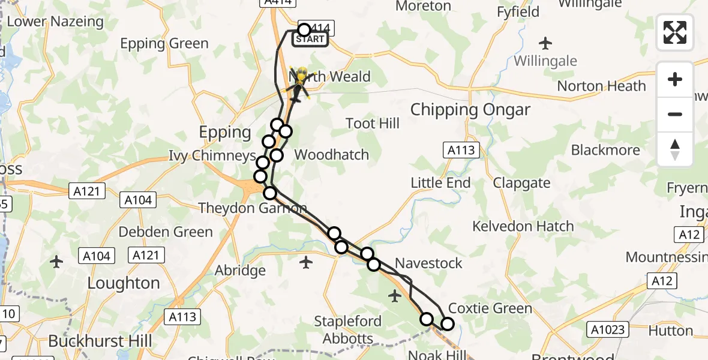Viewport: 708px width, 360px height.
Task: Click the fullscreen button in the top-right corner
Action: [x=675, y=32]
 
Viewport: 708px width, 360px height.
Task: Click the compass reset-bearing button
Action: [x=675, y=149]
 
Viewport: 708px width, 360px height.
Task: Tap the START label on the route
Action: [x=310, y=40]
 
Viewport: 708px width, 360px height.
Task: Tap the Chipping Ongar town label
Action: [x=470, y=110]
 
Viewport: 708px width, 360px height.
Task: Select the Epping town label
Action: [x=225, y=132]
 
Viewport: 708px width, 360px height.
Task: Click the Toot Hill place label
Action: [x=373, y=124]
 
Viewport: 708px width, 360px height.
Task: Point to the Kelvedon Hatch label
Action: [x=523, y=226]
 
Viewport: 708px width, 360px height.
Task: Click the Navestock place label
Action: [x=429, y=263]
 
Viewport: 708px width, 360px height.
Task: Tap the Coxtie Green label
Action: [x=490, y=308]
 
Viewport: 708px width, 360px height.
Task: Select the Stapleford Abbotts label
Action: [x=348, y=329]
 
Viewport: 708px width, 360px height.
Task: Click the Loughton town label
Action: [x=124, y=283]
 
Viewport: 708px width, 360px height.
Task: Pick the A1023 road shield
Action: [x=608, y=329]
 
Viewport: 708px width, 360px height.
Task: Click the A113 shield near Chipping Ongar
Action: [x=461, y=150]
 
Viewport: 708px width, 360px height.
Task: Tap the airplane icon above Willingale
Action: [x=545, y=43]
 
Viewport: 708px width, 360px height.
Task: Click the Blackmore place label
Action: [x=605, y=150]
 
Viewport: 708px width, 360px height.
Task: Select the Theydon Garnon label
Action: [x=252, y=209]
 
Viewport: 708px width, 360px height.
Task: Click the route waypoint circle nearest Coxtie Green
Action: [x=448, y=325]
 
